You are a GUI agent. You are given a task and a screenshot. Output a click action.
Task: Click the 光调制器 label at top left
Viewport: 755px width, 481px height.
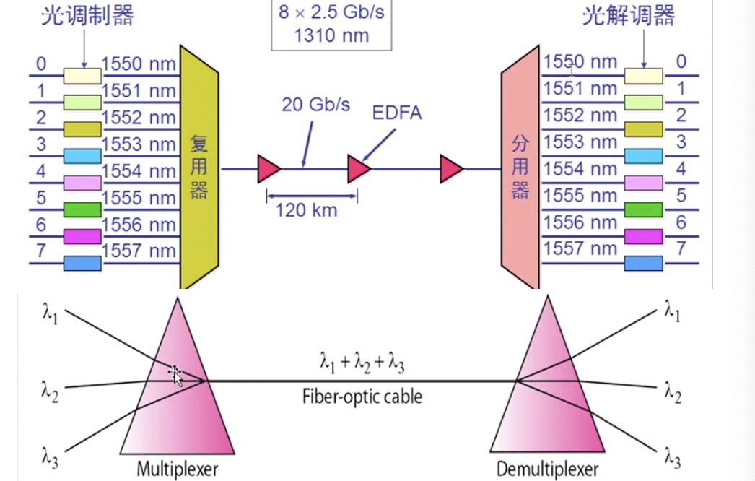pyautogui.click(x=87, y=16)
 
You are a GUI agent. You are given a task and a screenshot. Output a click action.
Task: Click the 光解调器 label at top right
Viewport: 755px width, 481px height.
pyautogui.click(x=629, y=16)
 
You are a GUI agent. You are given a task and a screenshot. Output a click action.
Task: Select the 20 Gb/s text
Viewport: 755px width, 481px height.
pyautogui.click(x=315, y=105)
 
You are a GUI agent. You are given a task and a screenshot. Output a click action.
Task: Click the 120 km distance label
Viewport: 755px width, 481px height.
pyautogui.click(x=306, y=211)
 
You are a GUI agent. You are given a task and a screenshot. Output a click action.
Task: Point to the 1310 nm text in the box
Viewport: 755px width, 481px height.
pyautogui.click(x=331, y=35)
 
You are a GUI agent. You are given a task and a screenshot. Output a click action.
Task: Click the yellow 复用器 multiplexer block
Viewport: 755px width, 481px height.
pyautogui.click(x=198, y=168)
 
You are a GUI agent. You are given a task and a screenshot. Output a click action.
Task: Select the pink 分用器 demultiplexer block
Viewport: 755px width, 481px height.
pyautogui.click(x=520, y=168)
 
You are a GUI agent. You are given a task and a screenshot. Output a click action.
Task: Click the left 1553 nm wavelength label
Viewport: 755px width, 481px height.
pyautogui.click(x=139, y=144)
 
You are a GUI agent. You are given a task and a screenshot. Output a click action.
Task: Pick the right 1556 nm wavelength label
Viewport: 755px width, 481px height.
pyautogui.click(x=580, y=222)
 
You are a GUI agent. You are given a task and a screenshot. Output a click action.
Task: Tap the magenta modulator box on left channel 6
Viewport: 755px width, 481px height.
pyautogui.click(x=82, y=236)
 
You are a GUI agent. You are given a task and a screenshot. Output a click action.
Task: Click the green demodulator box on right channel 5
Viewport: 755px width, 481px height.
pyautogui.click(x=643, y=209)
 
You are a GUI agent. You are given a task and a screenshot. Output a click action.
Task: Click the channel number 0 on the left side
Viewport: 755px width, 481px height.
pyautogui.click(x=41, y=64)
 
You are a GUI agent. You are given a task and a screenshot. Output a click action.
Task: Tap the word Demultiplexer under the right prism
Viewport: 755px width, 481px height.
pyautogui.click(x=547, y=469)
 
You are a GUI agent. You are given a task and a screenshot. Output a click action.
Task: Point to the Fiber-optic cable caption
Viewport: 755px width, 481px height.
pyautogui.click(x=362, y=396)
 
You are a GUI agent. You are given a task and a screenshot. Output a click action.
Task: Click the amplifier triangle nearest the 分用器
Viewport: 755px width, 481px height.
pyautogui.click(x=451, y=169)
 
